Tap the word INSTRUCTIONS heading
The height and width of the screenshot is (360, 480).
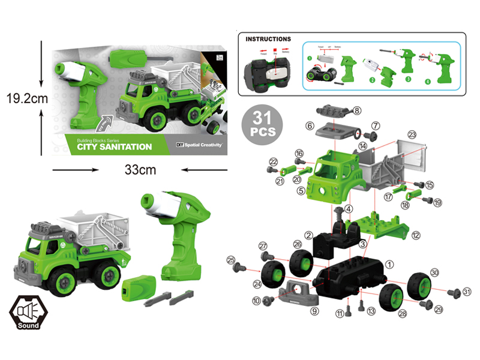coord(268,39)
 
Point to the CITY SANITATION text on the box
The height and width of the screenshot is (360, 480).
coord(114,146)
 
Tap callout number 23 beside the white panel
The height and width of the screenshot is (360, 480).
coord(412,134)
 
